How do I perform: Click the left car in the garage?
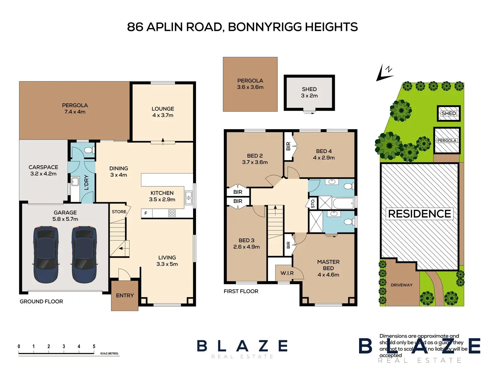click(x=46, y=254)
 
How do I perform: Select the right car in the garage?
click(x=84, y=254)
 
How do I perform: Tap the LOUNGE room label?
click(x=163, y=109)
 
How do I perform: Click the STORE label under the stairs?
click(x=119, y=212)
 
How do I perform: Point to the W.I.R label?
click(x=287, y=273)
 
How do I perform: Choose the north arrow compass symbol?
click(x=385, y=73)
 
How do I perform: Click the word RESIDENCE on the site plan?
click(x=419, y=214)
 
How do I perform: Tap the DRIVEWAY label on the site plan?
click(x=401, y=285)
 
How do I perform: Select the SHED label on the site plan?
click(x=448, y=113)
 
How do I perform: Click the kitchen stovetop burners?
click(x=172, y=213)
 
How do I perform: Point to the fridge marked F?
click(x=146, y=213)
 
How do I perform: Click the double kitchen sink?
click(x=188, y=198)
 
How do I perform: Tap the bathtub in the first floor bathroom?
click(x=343, y=203)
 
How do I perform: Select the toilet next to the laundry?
click(x=88, y=150)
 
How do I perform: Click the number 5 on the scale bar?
click(x=94, y=346)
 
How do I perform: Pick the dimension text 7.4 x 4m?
click(x=75, y=112)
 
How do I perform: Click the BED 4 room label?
click(x=324, y=151)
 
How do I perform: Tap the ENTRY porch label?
click(x=125, y=295)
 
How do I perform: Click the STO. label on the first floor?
click(x=313, y=203)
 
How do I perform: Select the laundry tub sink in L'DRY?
click(x=75, y=181)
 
